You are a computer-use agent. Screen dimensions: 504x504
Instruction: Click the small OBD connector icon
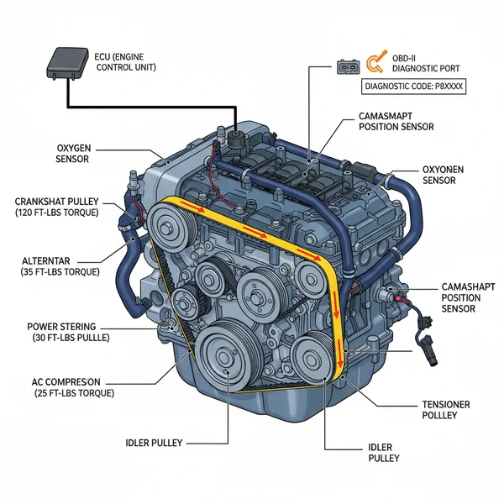[347, 65]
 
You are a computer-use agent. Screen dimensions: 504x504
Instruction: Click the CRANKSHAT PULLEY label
[57, 202]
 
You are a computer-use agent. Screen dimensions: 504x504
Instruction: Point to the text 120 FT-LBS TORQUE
[58, 214]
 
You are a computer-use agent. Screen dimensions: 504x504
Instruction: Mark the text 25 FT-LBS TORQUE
[75, 392]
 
